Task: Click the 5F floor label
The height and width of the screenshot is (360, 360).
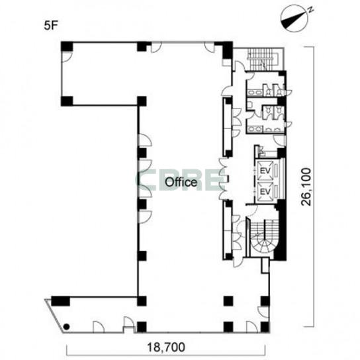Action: [x=50, y=26]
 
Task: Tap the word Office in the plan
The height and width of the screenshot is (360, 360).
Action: [x=181, y=182]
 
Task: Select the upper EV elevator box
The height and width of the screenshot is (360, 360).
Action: [x=265, y=171]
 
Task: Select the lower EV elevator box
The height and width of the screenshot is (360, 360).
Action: [x=265, y=191]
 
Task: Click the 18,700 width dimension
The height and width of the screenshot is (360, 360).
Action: [x=166, y=347]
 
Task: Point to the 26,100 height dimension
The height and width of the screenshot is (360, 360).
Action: [x=306, y=187]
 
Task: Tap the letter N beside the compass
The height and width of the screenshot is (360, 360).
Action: [x=310, y=10]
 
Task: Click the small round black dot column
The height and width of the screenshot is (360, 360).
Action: [x=67, y=326]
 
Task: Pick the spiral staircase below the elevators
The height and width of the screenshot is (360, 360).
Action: [x=264, y=236]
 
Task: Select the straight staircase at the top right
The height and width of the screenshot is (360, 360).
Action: [x=263, y=59]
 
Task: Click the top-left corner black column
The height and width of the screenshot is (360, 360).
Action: [x=67, y=46]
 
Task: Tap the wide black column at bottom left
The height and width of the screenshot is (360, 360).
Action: [x=60, y=301]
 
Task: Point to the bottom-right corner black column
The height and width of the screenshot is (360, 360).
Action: [x=265, y=327]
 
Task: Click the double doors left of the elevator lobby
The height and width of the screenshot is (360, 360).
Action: [x=223, y=179]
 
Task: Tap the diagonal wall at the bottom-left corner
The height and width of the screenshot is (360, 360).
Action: [x=54, y=316]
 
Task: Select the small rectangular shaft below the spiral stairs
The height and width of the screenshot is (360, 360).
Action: [x=265, y=265]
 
